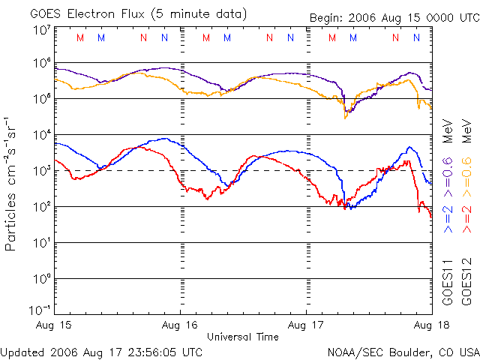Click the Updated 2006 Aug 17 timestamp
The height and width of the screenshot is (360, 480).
pos(101,351)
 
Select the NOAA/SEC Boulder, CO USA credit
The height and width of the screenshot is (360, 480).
pos(403,351)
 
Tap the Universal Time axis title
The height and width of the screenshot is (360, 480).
pos(242,337)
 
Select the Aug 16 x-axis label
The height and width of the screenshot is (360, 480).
pos(180,325)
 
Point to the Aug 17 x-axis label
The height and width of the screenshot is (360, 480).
pos(306,325)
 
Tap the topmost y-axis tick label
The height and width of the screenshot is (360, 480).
pos(41,30)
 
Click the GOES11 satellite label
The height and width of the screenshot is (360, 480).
pos(448,281)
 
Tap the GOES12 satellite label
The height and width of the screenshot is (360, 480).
pos(466,281)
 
